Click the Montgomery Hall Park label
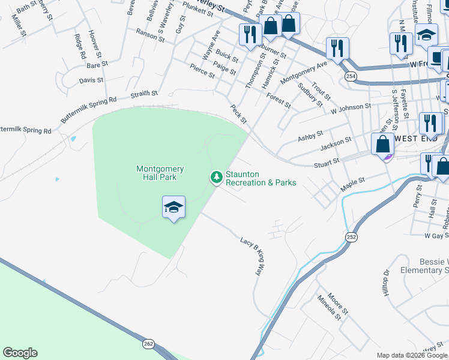pyautogui.click(x=160, y=173)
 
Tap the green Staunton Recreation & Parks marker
pyautogui.click(x=215, y=178)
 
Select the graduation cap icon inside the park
pyautogui.click(x=174, y=208)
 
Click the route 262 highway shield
pyautogui.click(x=149, y=344)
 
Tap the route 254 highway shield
pyautogui.click(x=351, y=76)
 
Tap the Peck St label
pyautogui.click(x=239, y=113)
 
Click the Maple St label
pyautogui.click(x=353, y=181)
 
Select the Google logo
pyautogui.click(x=20, y=353)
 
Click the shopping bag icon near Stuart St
pyautogui.click(x=383, y=146)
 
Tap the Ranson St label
pyautogui.click(x=150, y=35)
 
